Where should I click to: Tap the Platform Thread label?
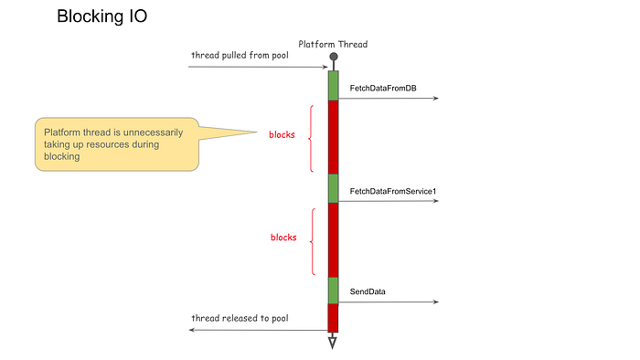[x=334, y=44]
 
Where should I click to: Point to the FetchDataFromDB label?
[x=383, y=89]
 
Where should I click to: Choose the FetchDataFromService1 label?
[x=393, y=192]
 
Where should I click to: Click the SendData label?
[x=368, y=291]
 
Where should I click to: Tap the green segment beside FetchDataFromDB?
[x=334, y=85]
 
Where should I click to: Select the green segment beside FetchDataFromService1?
[x=334, y=188]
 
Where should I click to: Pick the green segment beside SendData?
[x=334, y=290]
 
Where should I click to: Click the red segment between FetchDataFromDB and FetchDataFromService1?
[x=334, y=137]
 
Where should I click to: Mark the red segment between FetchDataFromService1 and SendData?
[x=334, y=239]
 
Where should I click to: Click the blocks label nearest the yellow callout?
[x=282, y=134]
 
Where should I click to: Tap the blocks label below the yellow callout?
[x=283, y=238]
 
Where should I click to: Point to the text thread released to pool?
[x=240, y=318]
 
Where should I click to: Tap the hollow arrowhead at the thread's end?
[x=333, y=343]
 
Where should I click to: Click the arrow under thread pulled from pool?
[x=256, y=68]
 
